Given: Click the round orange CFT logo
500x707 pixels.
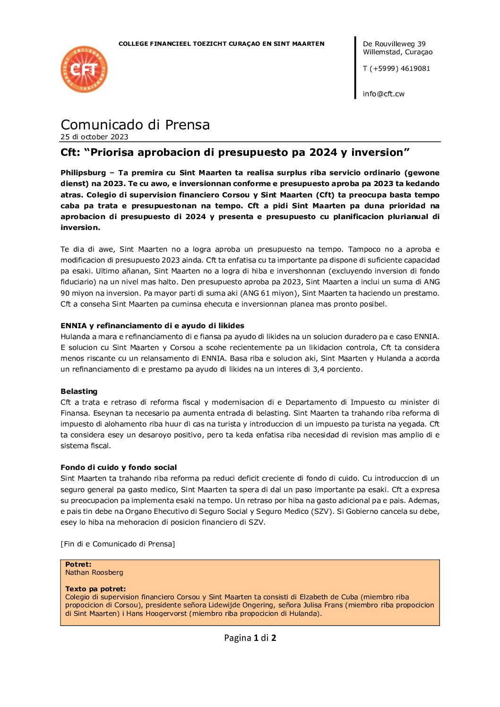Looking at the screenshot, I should (84, 69).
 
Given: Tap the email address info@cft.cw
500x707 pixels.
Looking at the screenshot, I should (383, 94).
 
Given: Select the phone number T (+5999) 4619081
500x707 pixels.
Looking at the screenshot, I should (396, 68).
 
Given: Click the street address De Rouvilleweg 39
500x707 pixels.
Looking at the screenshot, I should (394, 44).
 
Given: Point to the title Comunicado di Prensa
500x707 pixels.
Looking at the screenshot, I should (135, 125).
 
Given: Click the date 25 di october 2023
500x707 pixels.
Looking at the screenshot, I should (95, 137).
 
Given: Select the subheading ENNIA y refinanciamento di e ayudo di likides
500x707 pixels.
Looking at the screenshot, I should (152, 326).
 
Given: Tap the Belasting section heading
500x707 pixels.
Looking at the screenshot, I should (79, 392).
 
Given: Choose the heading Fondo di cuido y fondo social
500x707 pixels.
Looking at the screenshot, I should (119, 468).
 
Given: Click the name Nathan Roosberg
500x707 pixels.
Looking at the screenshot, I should (94, 572).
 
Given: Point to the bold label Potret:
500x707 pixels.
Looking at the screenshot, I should (78, 564).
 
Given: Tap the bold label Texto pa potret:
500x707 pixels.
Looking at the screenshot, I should (95, 589).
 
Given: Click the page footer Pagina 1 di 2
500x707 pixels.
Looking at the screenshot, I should (250, 638).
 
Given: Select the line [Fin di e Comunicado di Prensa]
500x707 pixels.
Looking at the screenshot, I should (118, 544).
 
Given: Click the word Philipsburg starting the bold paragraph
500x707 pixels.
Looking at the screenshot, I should (83, 173).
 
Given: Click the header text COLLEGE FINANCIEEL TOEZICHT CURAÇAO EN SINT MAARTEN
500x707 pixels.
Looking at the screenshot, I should (221, 44).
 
